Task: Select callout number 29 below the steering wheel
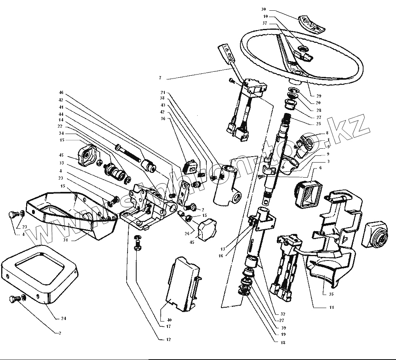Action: coord(319,96)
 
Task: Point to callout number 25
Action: coord(319,124)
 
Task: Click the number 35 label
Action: coord(331,294)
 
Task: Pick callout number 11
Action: coord(331,307)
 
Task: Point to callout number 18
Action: coord(283,342)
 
